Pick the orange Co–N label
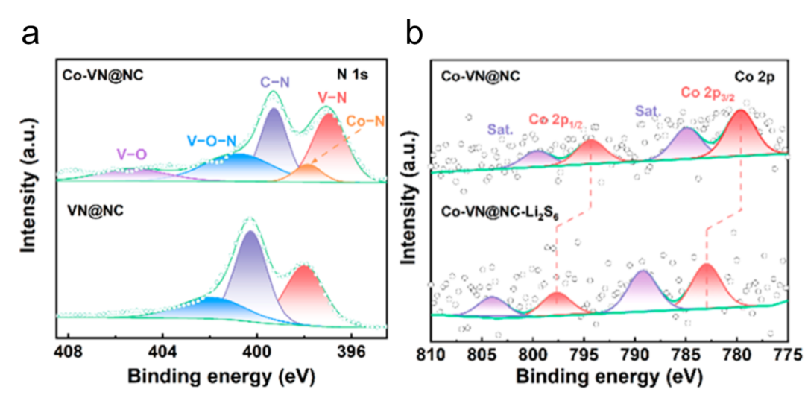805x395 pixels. [x=364, y=121]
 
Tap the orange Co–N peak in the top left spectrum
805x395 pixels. [x=309, y=171]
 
